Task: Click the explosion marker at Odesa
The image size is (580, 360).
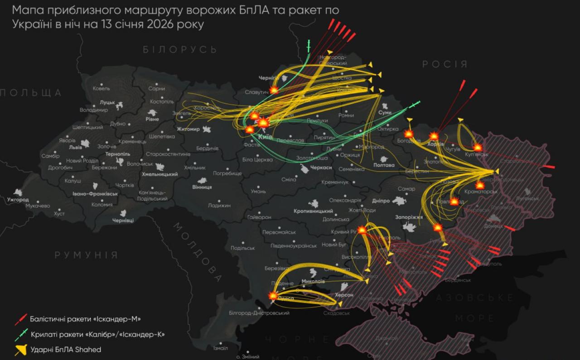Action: click(273, 295)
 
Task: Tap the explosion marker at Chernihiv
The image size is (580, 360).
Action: click(274, 90)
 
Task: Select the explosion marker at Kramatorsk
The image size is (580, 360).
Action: click(480, 185)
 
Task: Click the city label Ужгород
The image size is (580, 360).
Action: click(18, 200)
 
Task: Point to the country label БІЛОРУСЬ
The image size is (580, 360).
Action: click(180, 49)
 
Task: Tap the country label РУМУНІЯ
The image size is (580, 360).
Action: click(86, 255)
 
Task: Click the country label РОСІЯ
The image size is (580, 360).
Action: click(445, 64)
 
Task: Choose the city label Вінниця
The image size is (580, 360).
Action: click(202, 187)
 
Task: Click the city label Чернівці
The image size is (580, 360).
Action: click(123, 220)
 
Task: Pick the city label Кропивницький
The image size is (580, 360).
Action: click(313, 211)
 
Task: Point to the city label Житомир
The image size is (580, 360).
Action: click(188, 129)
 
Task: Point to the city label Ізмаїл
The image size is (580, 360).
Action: click(220, 348)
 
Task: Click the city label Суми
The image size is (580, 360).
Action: click(384, 112)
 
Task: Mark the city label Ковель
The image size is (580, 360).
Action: click(101, 88)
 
